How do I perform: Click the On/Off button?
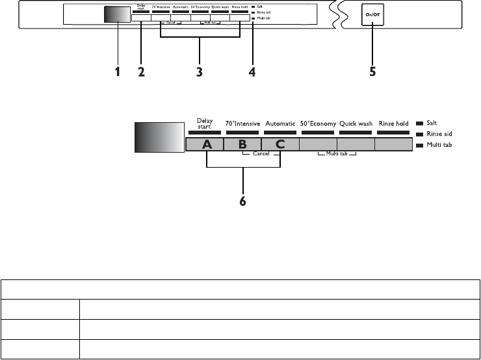click(372, 14)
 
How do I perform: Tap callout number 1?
click(118, 73)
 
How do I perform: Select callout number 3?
click(200, 73)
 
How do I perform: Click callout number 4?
click(252, 73)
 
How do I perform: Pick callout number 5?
click(372, 73)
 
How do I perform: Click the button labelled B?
click(242, 145)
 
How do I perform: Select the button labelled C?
click(279, 145)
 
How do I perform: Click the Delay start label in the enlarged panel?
click(205, 123)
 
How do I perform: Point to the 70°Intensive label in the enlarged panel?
click(242, 123)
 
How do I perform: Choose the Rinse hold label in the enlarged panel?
click(393, 123)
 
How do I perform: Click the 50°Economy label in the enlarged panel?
click(318, 123)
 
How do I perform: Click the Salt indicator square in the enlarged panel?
click(419, 123)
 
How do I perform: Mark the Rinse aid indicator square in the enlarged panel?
click(419, 133)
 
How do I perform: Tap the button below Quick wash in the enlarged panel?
click(356, 145)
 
